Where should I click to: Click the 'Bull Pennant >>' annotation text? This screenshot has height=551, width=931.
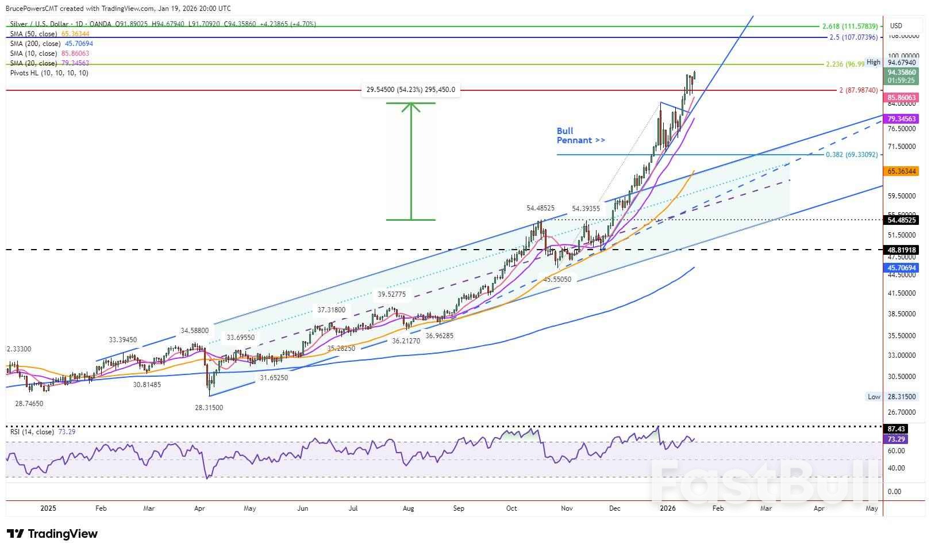point(580,135)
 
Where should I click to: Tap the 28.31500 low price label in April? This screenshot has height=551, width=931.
point(209,407)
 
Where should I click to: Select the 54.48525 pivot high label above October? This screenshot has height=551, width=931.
point(540,208)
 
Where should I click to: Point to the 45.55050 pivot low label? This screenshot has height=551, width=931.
point(557,279)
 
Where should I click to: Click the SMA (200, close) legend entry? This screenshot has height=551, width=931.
point(52,44)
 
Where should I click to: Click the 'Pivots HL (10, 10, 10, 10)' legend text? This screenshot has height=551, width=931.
point(49,73)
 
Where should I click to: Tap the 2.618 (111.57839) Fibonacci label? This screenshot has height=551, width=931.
point(849,26)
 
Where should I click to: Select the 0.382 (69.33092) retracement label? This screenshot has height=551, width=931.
point(852,155)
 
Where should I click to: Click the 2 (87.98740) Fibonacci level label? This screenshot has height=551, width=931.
point(857,90)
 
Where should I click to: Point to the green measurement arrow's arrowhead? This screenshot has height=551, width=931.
point(411,107)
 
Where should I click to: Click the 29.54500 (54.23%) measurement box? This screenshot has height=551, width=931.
point(410,90)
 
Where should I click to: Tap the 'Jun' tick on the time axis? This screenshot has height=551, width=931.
point(302,508)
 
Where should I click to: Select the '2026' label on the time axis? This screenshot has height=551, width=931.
point(667,508)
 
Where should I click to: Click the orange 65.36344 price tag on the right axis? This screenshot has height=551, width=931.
point(901,171)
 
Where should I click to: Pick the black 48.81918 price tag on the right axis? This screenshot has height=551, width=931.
point(901,250)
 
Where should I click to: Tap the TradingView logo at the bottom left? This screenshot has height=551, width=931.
point(52,534)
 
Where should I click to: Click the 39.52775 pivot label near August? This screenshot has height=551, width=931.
point(391,294)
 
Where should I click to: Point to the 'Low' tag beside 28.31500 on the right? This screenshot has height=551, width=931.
point(874,397)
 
